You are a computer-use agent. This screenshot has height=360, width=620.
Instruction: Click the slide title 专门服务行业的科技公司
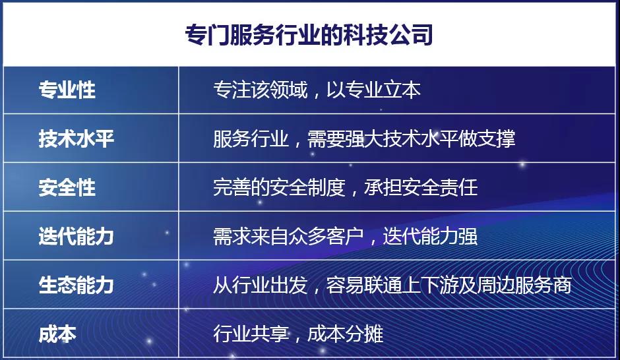(x=309, y=35)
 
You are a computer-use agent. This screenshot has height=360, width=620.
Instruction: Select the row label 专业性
(x=67, y=90)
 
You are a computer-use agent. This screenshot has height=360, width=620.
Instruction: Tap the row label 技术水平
(x=77, y=138)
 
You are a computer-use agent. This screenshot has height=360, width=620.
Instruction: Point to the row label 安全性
(x=67, y=187)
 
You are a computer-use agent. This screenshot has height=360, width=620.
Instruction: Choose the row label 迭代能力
(x=77, y=236)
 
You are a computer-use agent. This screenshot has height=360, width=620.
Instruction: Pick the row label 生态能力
(x=77, y=285)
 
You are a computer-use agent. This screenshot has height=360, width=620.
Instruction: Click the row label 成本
(x=57, y=334)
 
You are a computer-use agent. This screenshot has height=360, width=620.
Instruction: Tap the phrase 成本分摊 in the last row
(x=345, y=334)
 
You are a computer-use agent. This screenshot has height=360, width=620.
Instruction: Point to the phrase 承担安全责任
(x=421, y=187)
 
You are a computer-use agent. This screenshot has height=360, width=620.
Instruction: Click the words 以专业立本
(x=373, y=90)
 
